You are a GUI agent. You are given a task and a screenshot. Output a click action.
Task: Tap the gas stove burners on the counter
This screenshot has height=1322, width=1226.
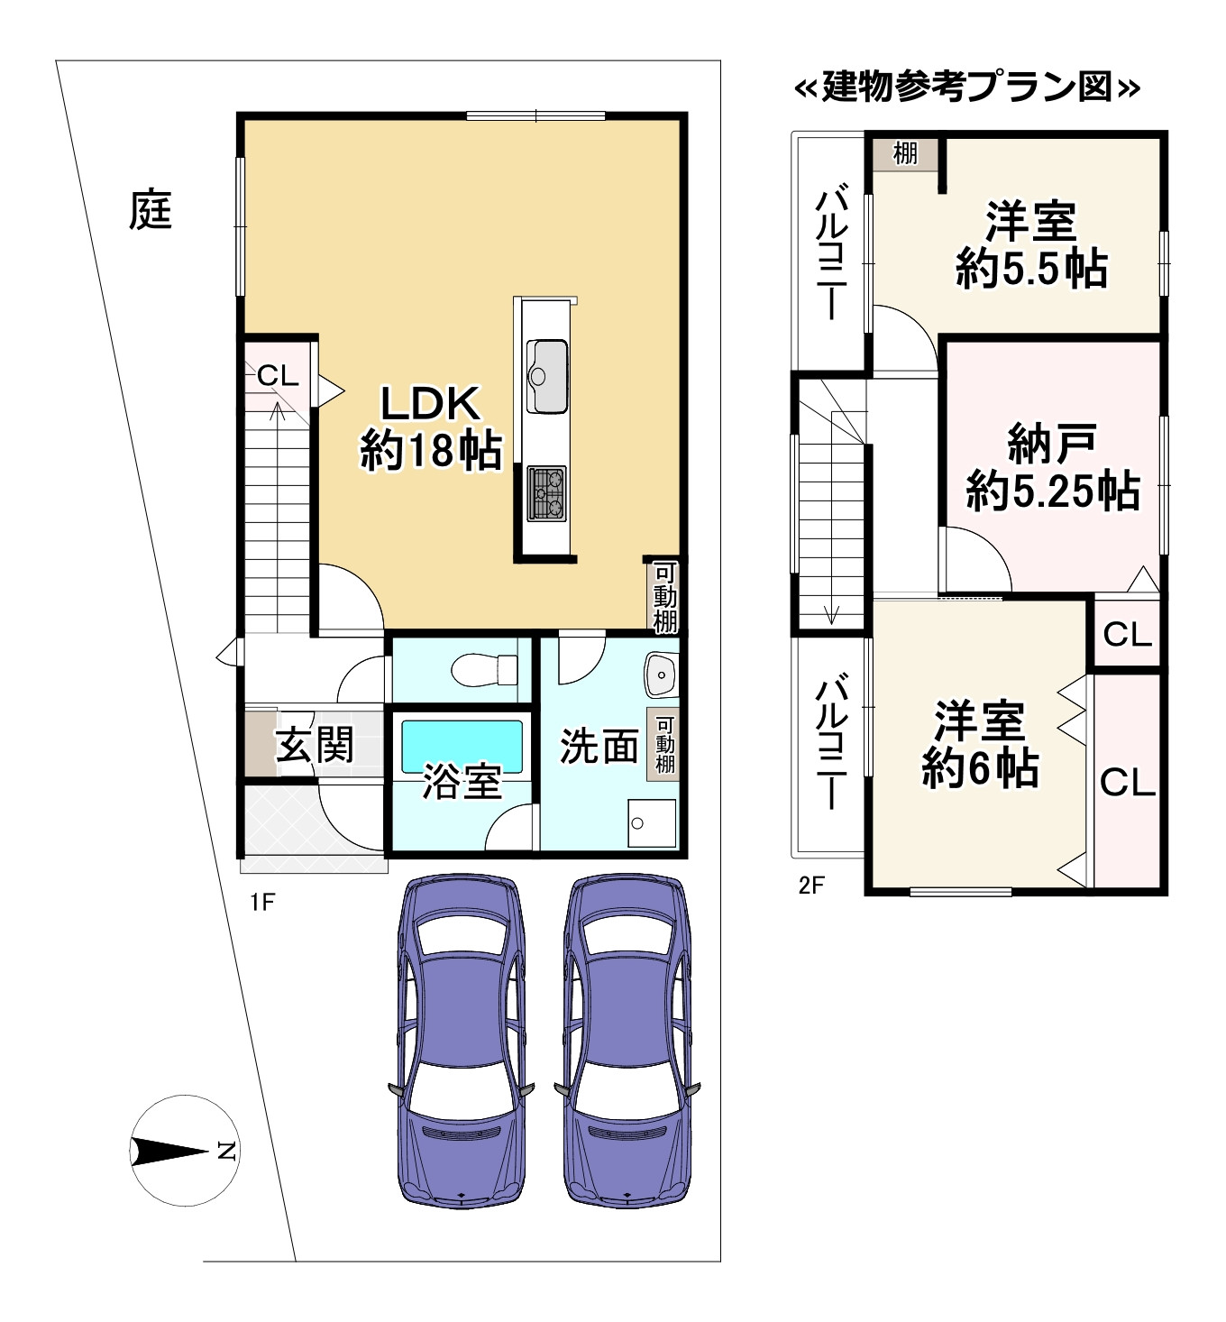[x=546, y=493]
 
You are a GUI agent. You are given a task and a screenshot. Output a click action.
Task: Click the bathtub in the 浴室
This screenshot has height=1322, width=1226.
[x=462, y=746]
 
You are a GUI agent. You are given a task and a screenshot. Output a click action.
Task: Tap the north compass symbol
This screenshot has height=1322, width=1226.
[x=183, y=1150]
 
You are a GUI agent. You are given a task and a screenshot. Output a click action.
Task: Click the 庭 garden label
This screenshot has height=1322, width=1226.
[x=150, y=210]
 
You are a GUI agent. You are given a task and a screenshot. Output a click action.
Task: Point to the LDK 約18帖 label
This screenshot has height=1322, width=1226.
[x=429, y=427]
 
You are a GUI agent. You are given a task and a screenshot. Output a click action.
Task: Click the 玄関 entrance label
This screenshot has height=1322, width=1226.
[x=315, y=746]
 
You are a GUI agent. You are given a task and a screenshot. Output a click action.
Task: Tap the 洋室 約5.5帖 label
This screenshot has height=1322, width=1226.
[x=1031, y=245]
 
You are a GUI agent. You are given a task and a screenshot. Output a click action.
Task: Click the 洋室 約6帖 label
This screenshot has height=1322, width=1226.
[x=980, y=745]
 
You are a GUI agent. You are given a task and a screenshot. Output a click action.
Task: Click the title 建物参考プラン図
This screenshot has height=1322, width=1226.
[x=966, y=88]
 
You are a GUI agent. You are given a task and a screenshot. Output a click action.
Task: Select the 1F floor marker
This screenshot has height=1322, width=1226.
[x=261, y=903]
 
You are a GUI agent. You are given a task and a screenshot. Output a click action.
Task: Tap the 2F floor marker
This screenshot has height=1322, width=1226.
[x=810, y=885]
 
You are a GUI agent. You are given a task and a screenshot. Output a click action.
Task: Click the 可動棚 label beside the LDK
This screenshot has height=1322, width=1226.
[x=664, y=596]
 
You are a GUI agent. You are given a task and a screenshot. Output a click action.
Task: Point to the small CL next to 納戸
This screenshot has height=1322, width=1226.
[x=1127, y=635]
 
